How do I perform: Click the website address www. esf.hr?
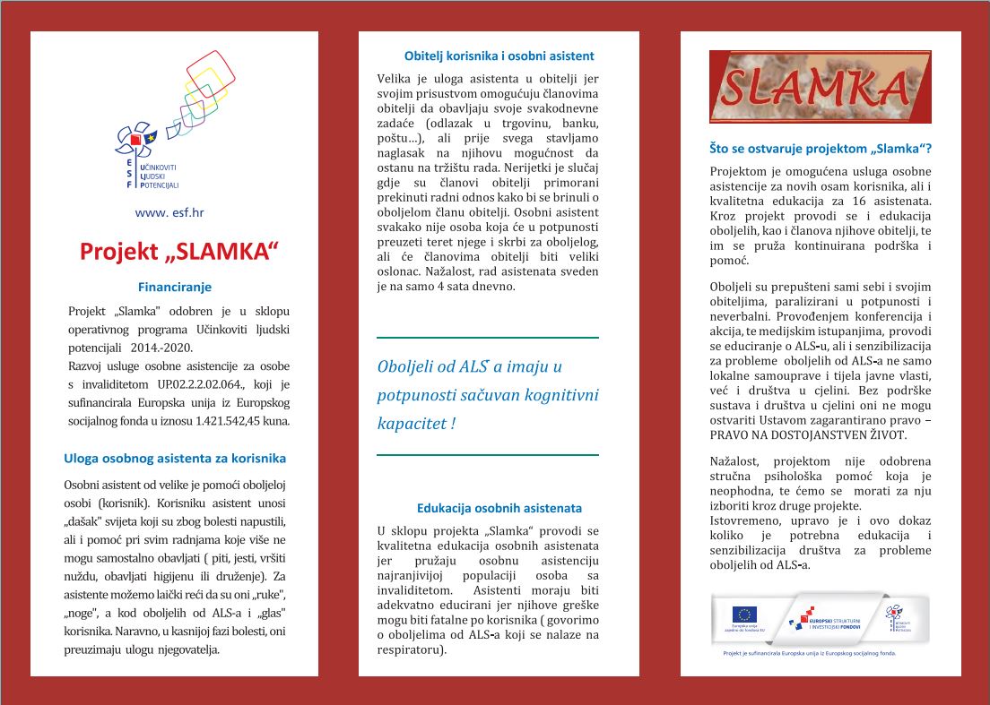point(169,212)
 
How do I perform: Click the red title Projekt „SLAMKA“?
point(175,251)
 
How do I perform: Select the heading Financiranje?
point(175,288)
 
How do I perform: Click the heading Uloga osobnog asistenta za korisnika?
point(175,458)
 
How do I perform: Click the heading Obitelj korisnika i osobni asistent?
point(499,56)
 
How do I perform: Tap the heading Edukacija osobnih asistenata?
point(499,507)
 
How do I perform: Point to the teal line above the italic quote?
point(487,338)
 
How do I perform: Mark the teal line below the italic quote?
point(487,455)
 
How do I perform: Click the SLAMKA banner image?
point(820,86)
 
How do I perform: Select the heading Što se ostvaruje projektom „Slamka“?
point(821,148)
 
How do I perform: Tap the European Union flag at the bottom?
point(744,615)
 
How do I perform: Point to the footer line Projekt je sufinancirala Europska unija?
point(810,653)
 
